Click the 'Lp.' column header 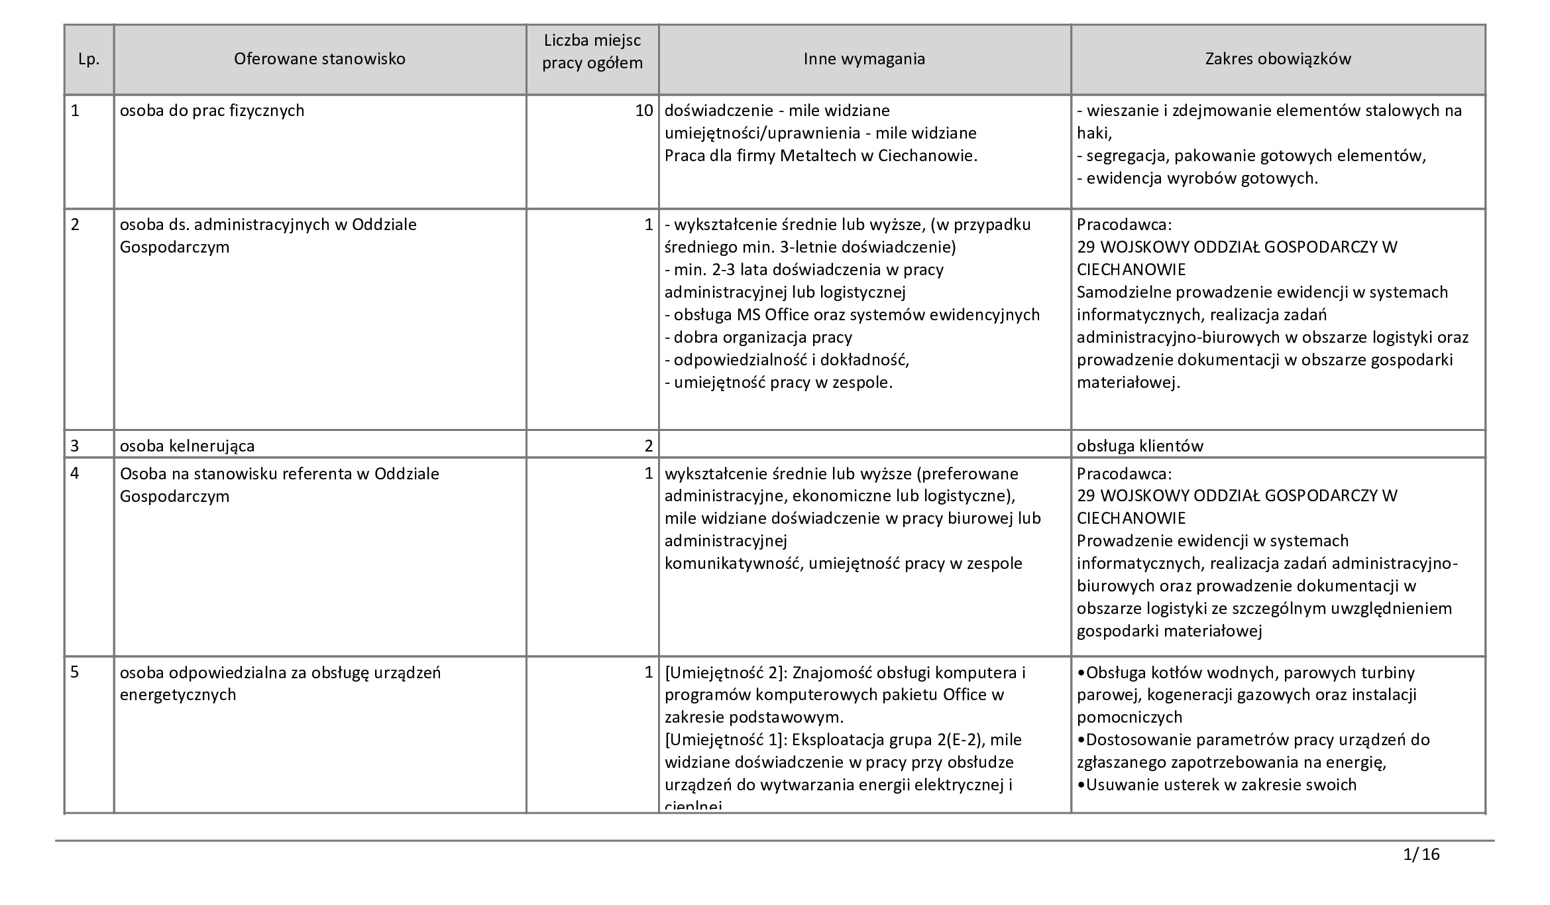click(x=89, y=59)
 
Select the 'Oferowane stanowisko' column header click(x=319, y=59)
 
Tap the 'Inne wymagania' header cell click(x=864, y=59)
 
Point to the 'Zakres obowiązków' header click(x=1278, y=59)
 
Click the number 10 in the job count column click(x=644, y=111)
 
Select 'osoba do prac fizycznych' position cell click(x=212, y=111)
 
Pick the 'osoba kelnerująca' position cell click(x=187, y=446)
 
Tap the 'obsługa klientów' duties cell click(x=1140, y=446)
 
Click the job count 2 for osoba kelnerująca click(x=649, y=446)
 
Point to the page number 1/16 click(x=1421, y=854)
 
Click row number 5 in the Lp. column click(x=75, y=672)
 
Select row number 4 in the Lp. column click(x=75, y=474)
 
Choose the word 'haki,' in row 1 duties click(x=1094, y=133)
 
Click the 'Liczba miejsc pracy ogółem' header click(x=592, y=52)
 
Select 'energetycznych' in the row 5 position click(x=178, y=695)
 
